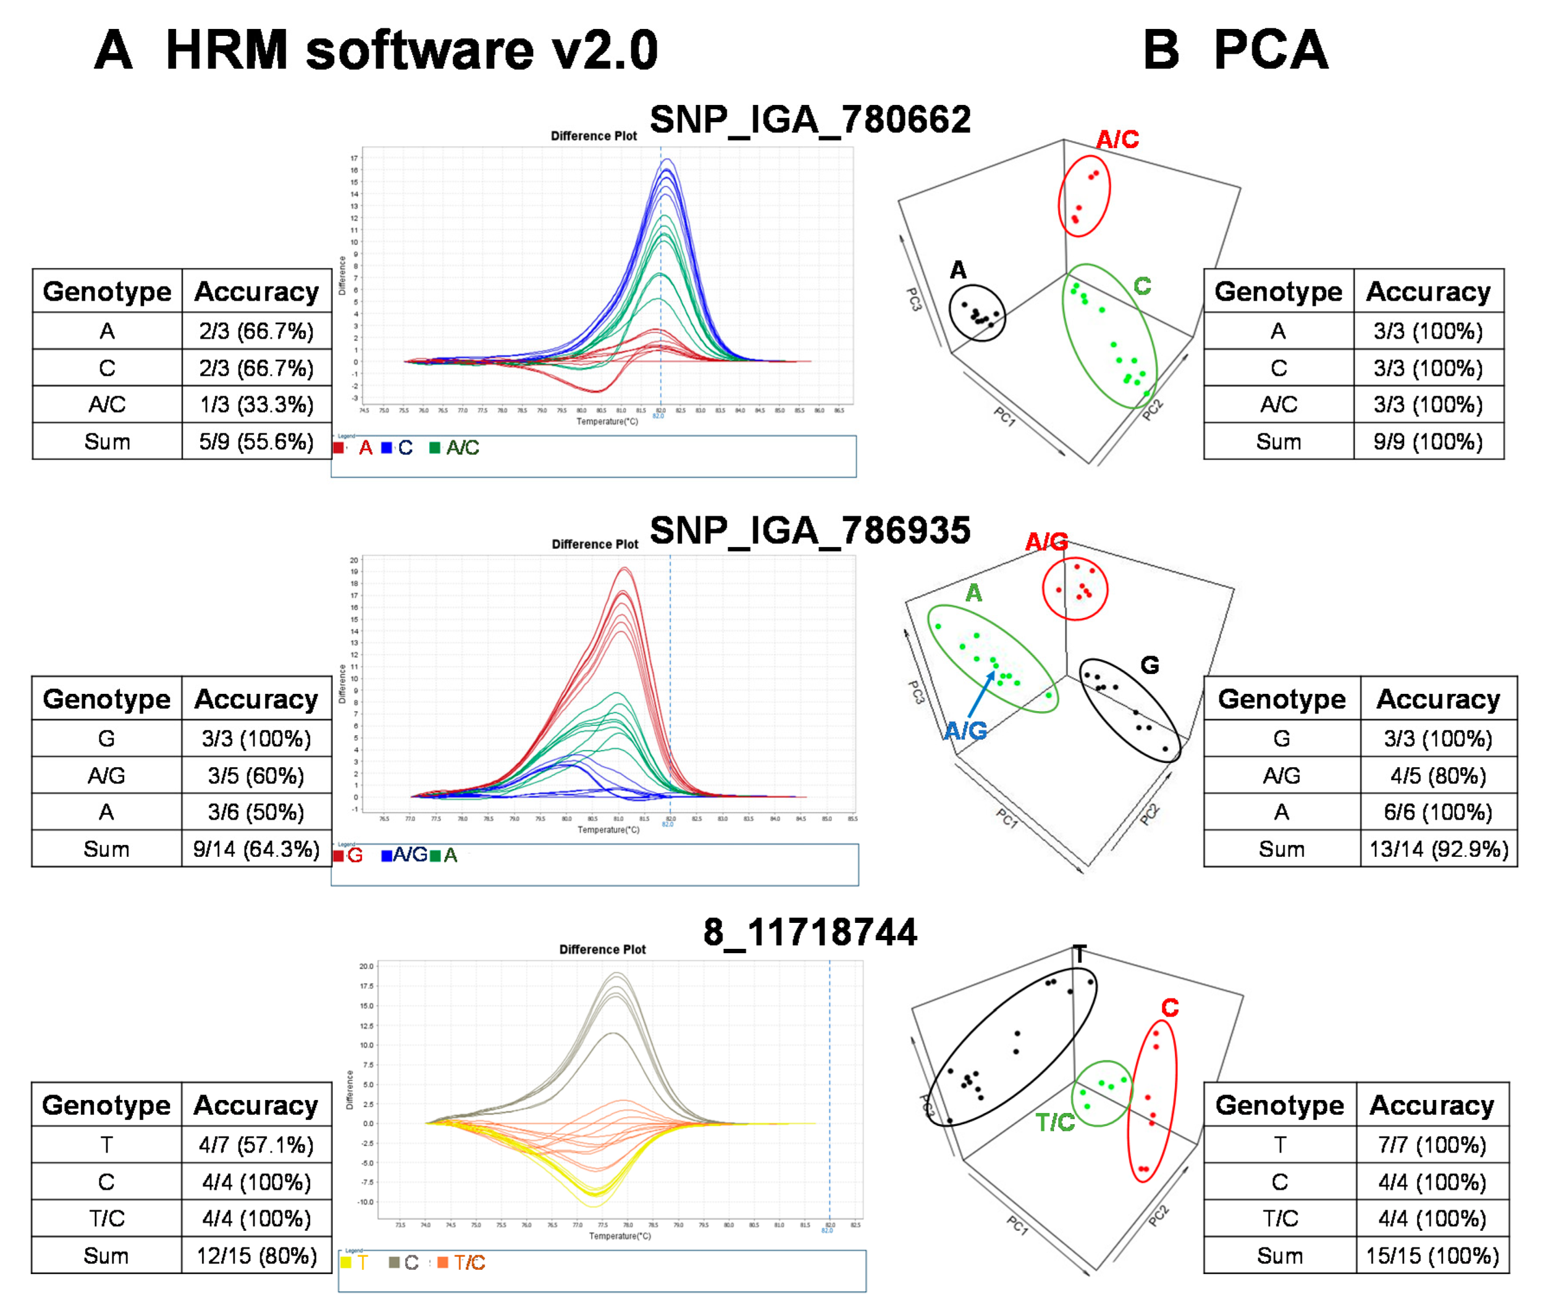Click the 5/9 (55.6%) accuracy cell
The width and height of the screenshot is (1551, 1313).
(x=256, y=441)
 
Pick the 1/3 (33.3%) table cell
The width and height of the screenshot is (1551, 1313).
(x=256, y=404)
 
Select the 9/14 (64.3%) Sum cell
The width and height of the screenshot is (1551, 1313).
(x=256, y=849)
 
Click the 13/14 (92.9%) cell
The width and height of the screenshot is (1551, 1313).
(x=1438, y=849)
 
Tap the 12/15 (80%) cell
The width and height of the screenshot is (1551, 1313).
(x=256, y=1256)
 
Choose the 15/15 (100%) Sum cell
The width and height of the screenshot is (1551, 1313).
(x=1431, y=1256)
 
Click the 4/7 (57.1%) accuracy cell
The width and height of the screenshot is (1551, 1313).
(x=256, y=1144)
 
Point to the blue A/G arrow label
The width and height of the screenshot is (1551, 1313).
(x=965, y=731)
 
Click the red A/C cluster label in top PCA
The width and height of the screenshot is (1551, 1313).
(x=1117, y=139)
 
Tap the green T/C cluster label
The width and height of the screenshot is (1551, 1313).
(x=1055, y=1122)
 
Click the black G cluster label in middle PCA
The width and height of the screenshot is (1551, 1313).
(x=1150, y=665)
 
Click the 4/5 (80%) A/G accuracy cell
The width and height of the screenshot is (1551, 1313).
(x=1438, y=775)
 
